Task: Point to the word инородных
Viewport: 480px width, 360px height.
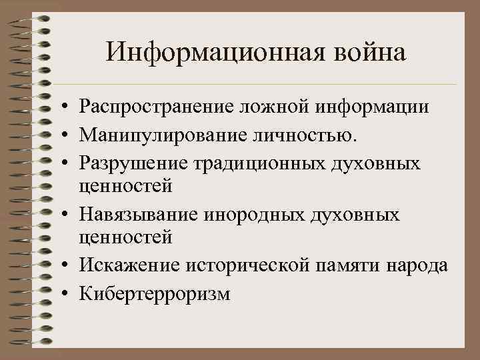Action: point(247,215)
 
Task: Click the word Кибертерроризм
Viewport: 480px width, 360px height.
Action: point(153,294)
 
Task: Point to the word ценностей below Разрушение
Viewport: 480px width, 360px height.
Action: point(125,186)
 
